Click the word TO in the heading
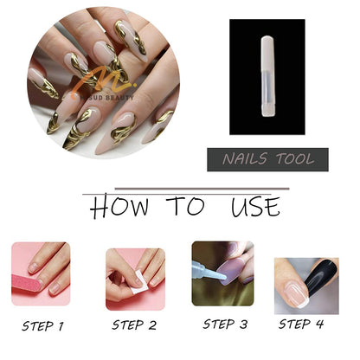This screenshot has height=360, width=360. pyautogui.click(x=184, y=208)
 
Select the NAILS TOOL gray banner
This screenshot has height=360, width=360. pyautogui.click(x=267, y=159)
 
